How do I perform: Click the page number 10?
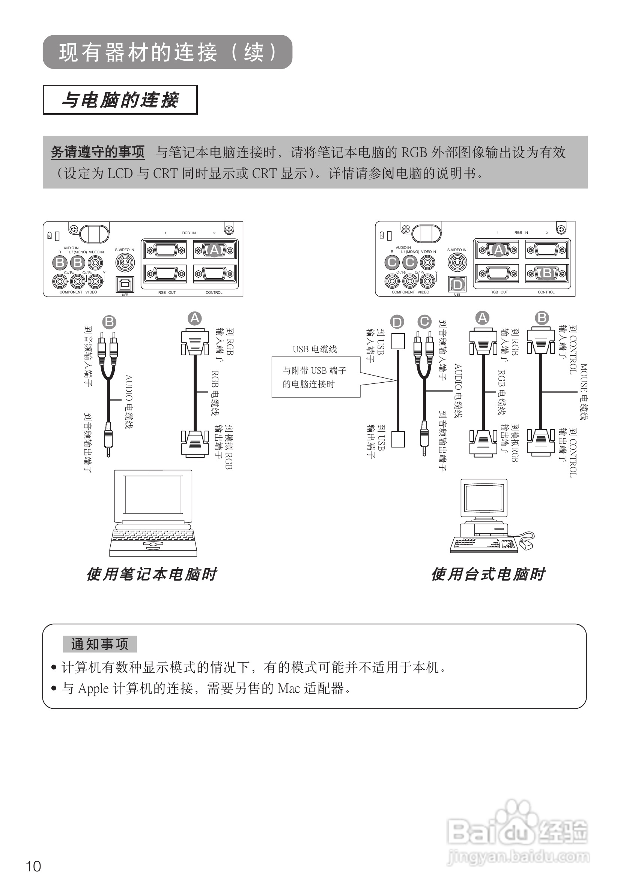[x=33, y=866]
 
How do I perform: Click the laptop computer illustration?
[x=153, y=513]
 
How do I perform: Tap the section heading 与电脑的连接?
[x=120, y=100]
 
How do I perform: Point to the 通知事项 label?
[x=99, y=644]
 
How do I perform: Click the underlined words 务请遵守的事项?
[x=98, y=152]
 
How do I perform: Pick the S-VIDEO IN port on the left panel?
[x=125, y=263]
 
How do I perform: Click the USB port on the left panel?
[x=125, y=284]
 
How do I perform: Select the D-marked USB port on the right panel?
[x=457, y=285]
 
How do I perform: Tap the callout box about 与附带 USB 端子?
[x=315, y=377]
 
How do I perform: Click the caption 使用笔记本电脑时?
[x=152, y=574]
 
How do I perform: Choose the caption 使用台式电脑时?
[x=488, y=574]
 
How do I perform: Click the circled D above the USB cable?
[x=397, y=322]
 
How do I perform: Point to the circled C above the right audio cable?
[x=424, y=321]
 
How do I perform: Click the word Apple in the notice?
[x=93, y=689]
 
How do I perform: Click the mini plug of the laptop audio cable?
[x=108, y=439]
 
